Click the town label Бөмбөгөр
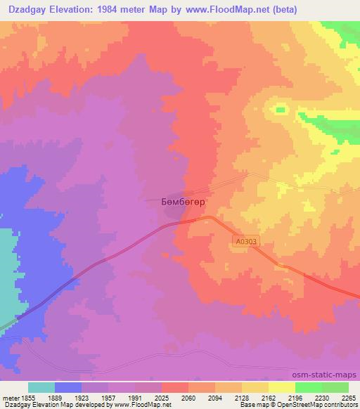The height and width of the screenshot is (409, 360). click(179, 201)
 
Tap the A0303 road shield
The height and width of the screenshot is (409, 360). click(245, 241)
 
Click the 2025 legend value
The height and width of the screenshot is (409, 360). click(162, 397)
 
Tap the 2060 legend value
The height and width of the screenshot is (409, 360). click(188, 397)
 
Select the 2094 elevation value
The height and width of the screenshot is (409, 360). click(215, 397)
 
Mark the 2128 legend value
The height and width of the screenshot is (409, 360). click(242, 397)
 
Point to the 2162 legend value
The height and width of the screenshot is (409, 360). click(269, 397)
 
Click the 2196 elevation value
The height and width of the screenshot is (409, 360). click(295, 397)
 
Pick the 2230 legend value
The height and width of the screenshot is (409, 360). click(322, 397)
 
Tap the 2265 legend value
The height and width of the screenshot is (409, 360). click(347, 397)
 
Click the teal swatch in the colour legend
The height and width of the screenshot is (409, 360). click(41, 387)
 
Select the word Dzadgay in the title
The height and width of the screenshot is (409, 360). click(27, 10)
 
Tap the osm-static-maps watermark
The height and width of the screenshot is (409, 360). click(330, 375)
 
